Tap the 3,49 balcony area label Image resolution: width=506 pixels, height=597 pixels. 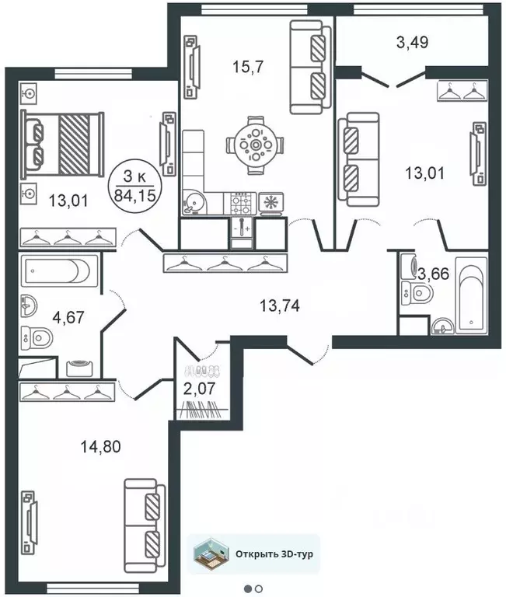click(413, 43)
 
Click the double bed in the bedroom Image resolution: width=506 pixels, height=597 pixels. click(63, 145)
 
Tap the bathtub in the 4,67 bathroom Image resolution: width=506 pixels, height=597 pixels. click(58, 273)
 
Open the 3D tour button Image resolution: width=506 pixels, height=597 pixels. click(256, 554)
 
